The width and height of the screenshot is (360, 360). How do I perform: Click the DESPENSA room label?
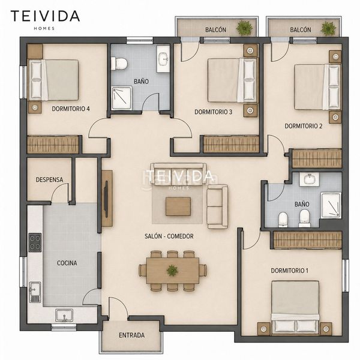pos(49,179)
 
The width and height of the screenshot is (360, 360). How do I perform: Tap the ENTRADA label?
pos(132,335)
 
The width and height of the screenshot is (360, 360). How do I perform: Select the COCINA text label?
pos(67,263)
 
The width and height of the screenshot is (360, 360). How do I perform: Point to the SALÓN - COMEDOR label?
pos(169,236)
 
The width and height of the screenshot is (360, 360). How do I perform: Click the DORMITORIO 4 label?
pos(71,109)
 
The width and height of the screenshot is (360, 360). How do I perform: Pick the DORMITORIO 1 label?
pos(290,271)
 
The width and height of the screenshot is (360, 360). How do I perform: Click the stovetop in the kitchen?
pos(35,242)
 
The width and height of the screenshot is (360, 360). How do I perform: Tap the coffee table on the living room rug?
pos(178,206)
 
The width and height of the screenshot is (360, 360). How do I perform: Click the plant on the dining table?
pos(172,270)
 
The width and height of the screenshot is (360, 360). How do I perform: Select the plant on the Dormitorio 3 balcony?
pos(245,28)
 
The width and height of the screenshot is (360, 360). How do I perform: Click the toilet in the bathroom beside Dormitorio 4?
pos(119,64)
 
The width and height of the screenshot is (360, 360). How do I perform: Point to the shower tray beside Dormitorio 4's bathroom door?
pos(122,98)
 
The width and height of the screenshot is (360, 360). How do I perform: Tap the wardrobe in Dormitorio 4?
pos(53,145)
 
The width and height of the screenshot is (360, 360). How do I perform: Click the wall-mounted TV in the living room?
pos(106,199)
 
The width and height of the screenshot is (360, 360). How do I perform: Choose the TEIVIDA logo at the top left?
pos(45,16)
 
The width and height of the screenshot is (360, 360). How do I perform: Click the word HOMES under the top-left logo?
pos(44,28)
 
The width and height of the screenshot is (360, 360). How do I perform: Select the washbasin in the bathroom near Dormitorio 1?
pos(309,179)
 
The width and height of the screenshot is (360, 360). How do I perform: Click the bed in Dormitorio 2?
pos(317,87)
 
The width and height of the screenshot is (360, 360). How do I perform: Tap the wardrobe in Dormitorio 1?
pos(307,240)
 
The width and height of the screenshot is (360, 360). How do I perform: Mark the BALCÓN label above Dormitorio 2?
pos(301,29)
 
